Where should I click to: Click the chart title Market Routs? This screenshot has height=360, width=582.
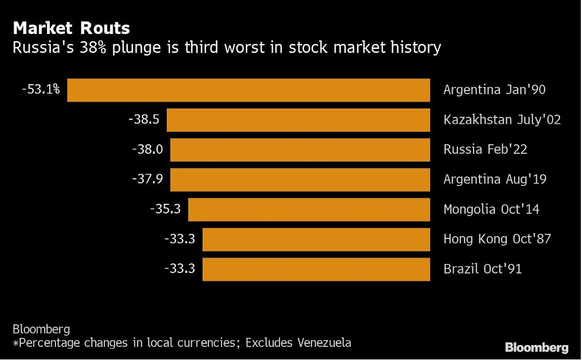[x=71, y=28]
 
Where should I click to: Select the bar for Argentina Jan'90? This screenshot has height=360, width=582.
[x=248, y=90]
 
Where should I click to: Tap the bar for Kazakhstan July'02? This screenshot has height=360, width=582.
[x=298, y=120]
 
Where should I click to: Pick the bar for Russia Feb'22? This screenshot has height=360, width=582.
[x=300, y=150]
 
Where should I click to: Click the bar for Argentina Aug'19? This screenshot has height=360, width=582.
[x=300, y=179]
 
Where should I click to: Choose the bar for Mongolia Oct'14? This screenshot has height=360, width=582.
[x=309, y=209]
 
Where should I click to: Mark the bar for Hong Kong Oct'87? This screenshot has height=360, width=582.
[x=316, y=239]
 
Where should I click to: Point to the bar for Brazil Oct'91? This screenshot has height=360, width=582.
[x=316, y=269]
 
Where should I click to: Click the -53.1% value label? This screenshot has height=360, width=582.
[x=41, y=90]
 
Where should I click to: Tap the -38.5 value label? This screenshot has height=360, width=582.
[x=144, y=120]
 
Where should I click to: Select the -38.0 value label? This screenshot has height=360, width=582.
[x=147, y=150]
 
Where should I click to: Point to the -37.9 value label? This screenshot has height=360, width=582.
[x=147, y=179]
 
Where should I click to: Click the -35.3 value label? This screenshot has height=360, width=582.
[x=165, y=209]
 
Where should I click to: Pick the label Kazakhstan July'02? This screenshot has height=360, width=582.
[x=502, y=120]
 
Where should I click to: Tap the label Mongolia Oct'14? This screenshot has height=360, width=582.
[x=491, y=209]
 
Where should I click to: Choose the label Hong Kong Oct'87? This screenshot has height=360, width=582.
[x=497, y=239]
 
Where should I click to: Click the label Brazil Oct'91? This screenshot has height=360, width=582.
[x=483, y=269]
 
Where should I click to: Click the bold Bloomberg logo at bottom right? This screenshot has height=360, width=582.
[x=536, y=347]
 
